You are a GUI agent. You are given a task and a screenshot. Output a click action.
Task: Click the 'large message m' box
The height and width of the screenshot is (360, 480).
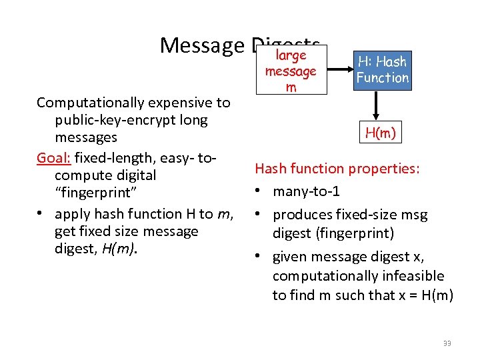pyautogui.click(x=291, y=71)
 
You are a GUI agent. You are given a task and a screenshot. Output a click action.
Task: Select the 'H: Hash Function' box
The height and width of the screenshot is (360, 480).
pyautogui.click(x=382, y=70)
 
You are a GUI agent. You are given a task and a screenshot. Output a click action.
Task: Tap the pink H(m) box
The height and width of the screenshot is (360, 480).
pyautogui.click(x=381, y=133)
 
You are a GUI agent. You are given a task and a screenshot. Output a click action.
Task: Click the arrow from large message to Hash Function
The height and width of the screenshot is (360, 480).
pyautogui.click(x=341, y=70)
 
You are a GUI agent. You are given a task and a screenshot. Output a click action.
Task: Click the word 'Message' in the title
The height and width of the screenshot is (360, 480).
pyautogui.click(x=203, y=45)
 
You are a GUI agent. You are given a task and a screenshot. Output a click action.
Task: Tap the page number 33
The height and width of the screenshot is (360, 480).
pyautogui.click(x=447, y=343)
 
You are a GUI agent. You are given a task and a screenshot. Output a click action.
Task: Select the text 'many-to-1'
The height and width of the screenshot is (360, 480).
pyautogui.click(x=306, y=192)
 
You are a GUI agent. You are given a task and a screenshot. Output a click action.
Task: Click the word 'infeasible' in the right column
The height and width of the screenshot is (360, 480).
pyautogui.click(x=411, y=276)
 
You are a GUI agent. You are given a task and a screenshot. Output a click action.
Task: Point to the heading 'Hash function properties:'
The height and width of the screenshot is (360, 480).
pyautogui.click(x=337, y=169)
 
